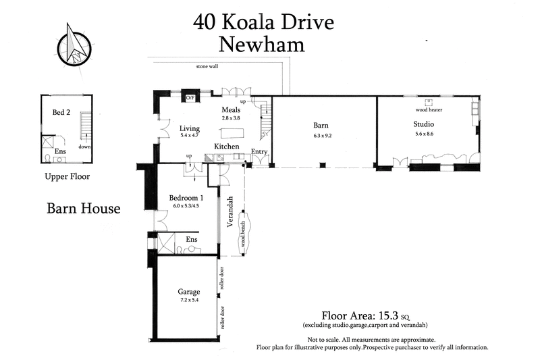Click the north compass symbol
76,45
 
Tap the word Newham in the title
262,45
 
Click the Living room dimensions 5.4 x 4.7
189,135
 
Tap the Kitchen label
227,147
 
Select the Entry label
259,152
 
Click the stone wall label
207,67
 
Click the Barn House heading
83,208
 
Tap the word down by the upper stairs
84,146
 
